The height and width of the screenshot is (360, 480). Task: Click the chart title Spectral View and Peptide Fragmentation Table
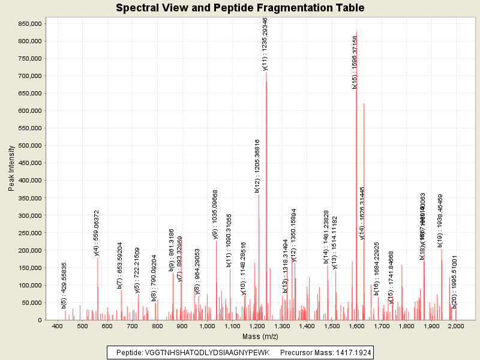[x=240, y=8]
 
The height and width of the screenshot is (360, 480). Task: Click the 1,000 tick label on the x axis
[x=207, y=326]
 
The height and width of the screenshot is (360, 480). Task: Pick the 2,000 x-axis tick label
[x=456, y=326]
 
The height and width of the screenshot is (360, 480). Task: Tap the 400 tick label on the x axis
[x=58, y=326]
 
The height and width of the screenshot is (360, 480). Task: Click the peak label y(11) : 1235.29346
[x=265, y=44]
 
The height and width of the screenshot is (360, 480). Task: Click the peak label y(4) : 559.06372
[x=97, y=233]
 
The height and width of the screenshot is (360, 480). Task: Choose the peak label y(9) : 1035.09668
[x=215, y=214]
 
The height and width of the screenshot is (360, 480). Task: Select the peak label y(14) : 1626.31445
[x=362, y=213]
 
